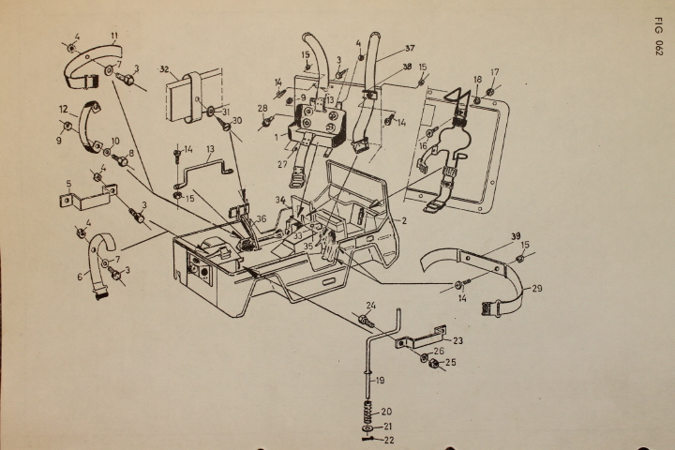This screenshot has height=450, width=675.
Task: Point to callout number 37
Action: click(x=384, y=49)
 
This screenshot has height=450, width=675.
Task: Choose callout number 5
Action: click(x=68, y=184)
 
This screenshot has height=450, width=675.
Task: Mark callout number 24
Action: click(x=371, y=305)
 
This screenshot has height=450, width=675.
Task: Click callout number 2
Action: click(x=404, y=219)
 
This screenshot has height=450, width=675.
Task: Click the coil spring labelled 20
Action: click(x=367, y=412)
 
